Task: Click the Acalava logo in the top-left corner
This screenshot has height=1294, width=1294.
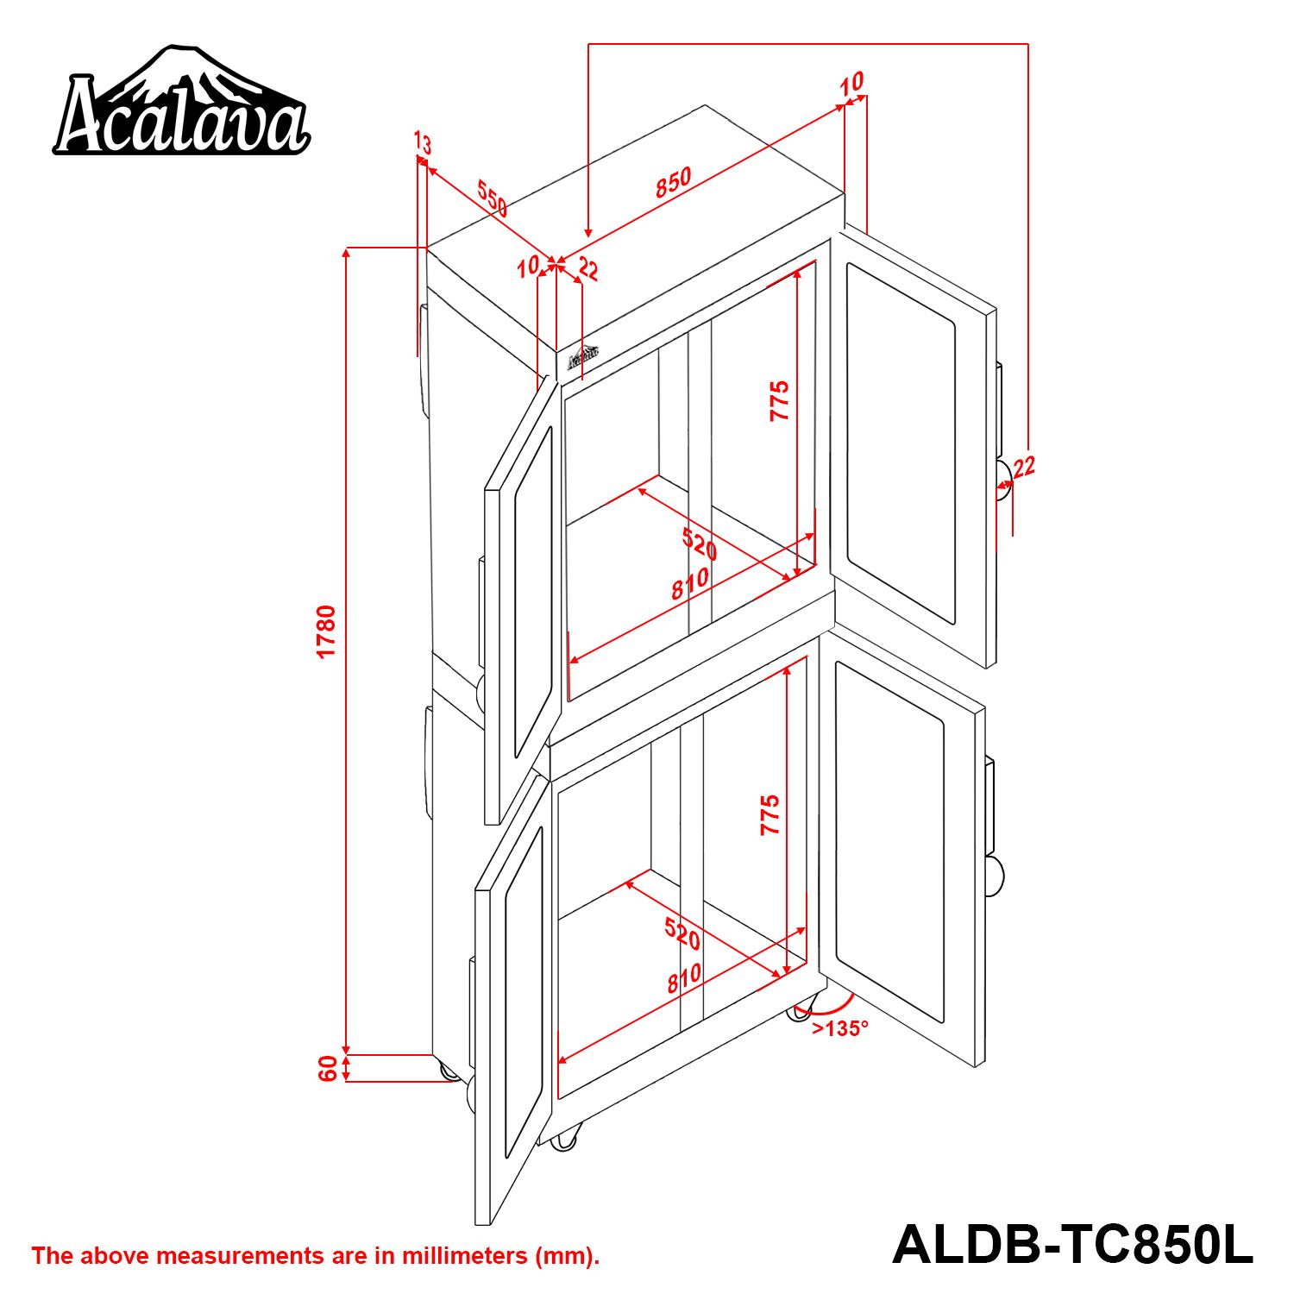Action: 181,102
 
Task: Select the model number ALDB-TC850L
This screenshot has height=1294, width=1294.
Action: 1072,1245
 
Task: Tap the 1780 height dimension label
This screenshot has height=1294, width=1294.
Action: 326,632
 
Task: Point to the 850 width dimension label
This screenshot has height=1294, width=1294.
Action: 673,183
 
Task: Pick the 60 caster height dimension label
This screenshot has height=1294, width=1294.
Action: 327,1069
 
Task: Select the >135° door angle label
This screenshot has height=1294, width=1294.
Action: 839,1028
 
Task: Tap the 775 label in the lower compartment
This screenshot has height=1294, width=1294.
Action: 769,814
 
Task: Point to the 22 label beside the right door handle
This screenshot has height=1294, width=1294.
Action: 1024,468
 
